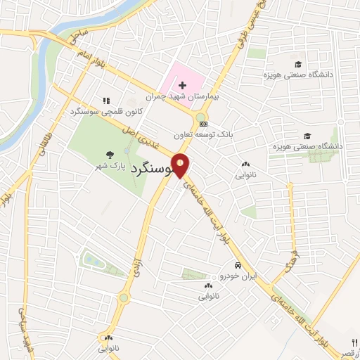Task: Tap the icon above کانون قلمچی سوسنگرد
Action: (106, 101)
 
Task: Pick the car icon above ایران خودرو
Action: (238, 266)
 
